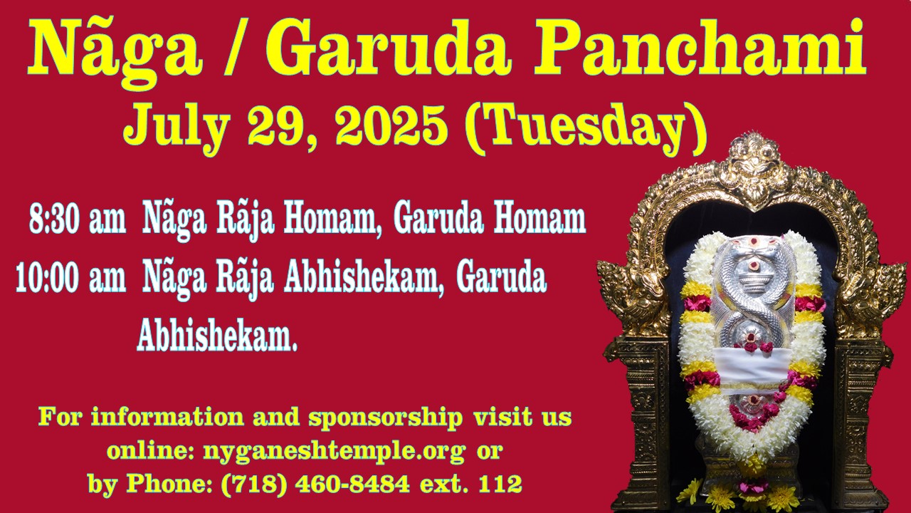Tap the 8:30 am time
click(78, 220)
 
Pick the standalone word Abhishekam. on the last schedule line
click(217, 337)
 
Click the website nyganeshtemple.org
click(334, 452)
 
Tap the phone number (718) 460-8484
click(315, 484)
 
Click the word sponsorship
click(386, 418)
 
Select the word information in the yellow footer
click(167, 418)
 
